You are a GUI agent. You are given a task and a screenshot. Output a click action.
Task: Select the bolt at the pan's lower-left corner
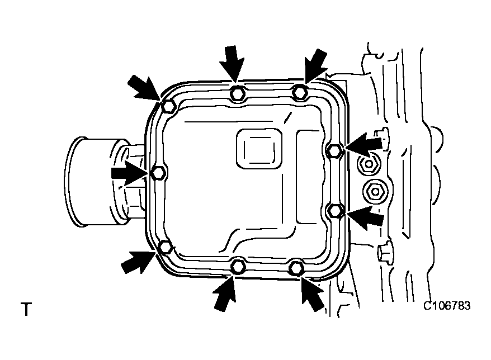click(166, 247)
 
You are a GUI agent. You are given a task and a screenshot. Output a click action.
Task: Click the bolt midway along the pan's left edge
click(158, 173)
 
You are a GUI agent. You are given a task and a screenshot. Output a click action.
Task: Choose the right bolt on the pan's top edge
click(300, 92)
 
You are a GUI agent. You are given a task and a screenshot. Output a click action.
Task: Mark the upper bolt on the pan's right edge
click(334, 149)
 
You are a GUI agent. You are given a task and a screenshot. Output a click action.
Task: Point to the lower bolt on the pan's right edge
click(334, 210)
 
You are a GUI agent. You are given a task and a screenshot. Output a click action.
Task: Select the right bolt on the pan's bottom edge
click(297, 268)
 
